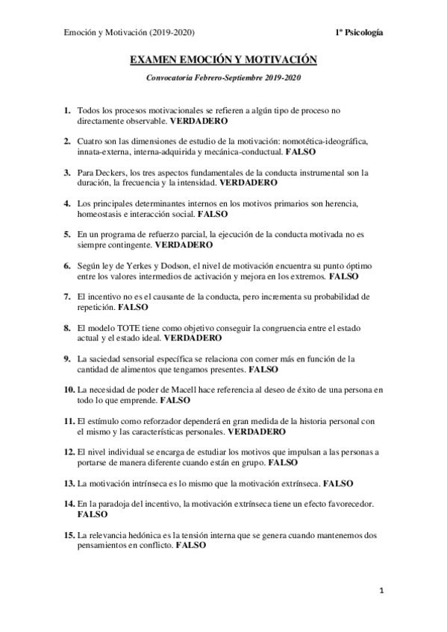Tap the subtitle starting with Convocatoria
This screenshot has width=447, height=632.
click(x=224, y=78)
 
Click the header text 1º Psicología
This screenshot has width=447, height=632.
click(x=361, y=32)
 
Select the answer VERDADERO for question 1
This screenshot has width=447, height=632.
click(x=199, y=120)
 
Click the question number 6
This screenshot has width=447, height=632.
click(x=67, y=265)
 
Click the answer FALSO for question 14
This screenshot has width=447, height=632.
click(x=93, y=514)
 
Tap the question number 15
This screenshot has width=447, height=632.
click(x=69, y=534)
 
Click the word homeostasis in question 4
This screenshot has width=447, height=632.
click(x=100, y=213)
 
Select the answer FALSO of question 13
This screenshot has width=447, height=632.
click(x=344, y=483)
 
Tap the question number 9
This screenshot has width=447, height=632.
click(x=67, y=358)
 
